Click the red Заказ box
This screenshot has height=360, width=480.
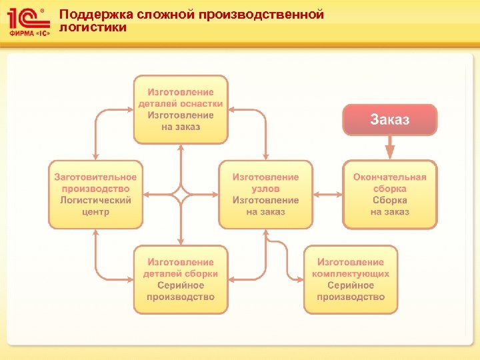pos(390,120)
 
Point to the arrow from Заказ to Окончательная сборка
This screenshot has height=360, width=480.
pos(390,147)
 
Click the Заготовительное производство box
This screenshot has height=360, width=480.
pos(95,195)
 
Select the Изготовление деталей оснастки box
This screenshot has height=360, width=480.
pos(181,109)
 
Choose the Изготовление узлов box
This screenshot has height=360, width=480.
pos(265,195)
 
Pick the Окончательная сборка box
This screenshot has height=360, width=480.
pos(390,195)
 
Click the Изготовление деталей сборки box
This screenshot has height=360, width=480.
pos(181,279)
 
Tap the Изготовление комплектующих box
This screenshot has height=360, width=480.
pos(351,279)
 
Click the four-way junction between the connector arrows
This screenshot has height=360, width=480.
pos(181,195)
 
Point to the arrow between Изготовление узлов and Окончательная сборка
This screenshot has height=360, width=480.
pos(327,195)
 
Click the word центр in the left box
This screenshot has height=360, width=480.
pos(95,212)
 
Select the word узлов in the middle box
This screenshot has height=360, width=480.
pos(265,189)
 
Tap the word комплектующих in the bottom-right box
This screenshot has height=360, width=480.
pos(351,274)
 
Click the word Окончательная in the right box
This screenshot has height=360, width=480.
pos(390,177)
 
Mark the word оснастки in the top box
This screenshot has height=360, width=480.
pos(202,104)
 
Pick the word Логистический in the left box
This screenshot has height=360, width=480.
pos(95,201)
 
